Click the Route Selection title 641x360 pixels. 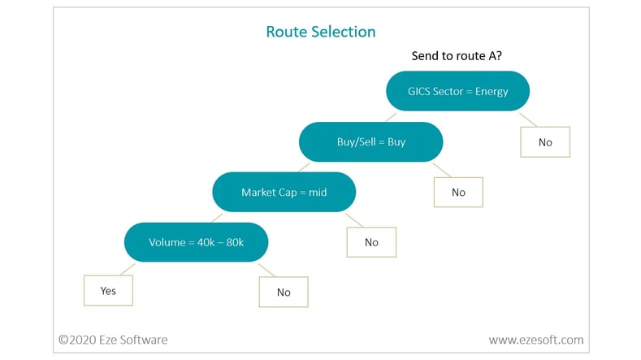point(320,32)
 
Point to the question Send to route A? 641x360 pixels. point(457,55)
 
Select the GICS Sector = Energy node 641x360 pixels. point(458,91)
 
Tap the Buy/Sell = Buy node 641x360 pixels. point(370,141)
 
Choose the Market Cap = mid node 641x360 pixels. point(284,192)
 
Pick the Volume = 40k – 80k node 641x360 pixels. point(197,242)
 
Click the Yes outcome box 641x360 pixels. point(108,290)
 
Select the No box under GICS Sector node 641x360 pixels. point(545,142)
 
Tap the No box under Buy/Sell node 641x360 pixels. point(458,193)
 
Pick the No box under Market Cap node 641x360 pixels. point(371,242)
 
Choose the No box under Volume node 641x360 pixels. point(284,292)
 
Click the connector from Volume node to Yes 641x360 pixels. point(128,269)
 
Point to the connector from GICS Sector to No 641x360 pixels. point(528,119)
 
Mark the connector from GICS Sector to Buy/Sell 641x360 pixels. point(391,117)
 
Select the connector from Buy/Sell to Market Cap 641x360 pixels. point(305,167)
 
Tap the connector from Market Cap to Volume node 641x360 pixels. point(217,218)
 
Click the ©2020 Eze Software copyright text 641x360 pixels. point(113,340)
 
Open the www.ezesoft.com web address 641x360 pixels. point(536,340)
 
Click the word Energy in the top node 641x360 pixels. point(492,91)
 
